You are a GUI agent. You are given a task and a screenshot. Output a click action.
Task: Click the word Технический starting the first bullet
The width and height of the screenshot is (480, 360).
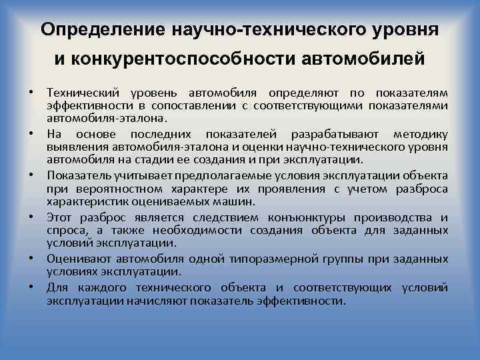pos(80,91)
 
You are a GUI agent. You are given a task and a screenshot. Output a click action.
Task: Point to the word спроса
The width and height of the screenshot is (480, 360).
pos(65,231)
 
